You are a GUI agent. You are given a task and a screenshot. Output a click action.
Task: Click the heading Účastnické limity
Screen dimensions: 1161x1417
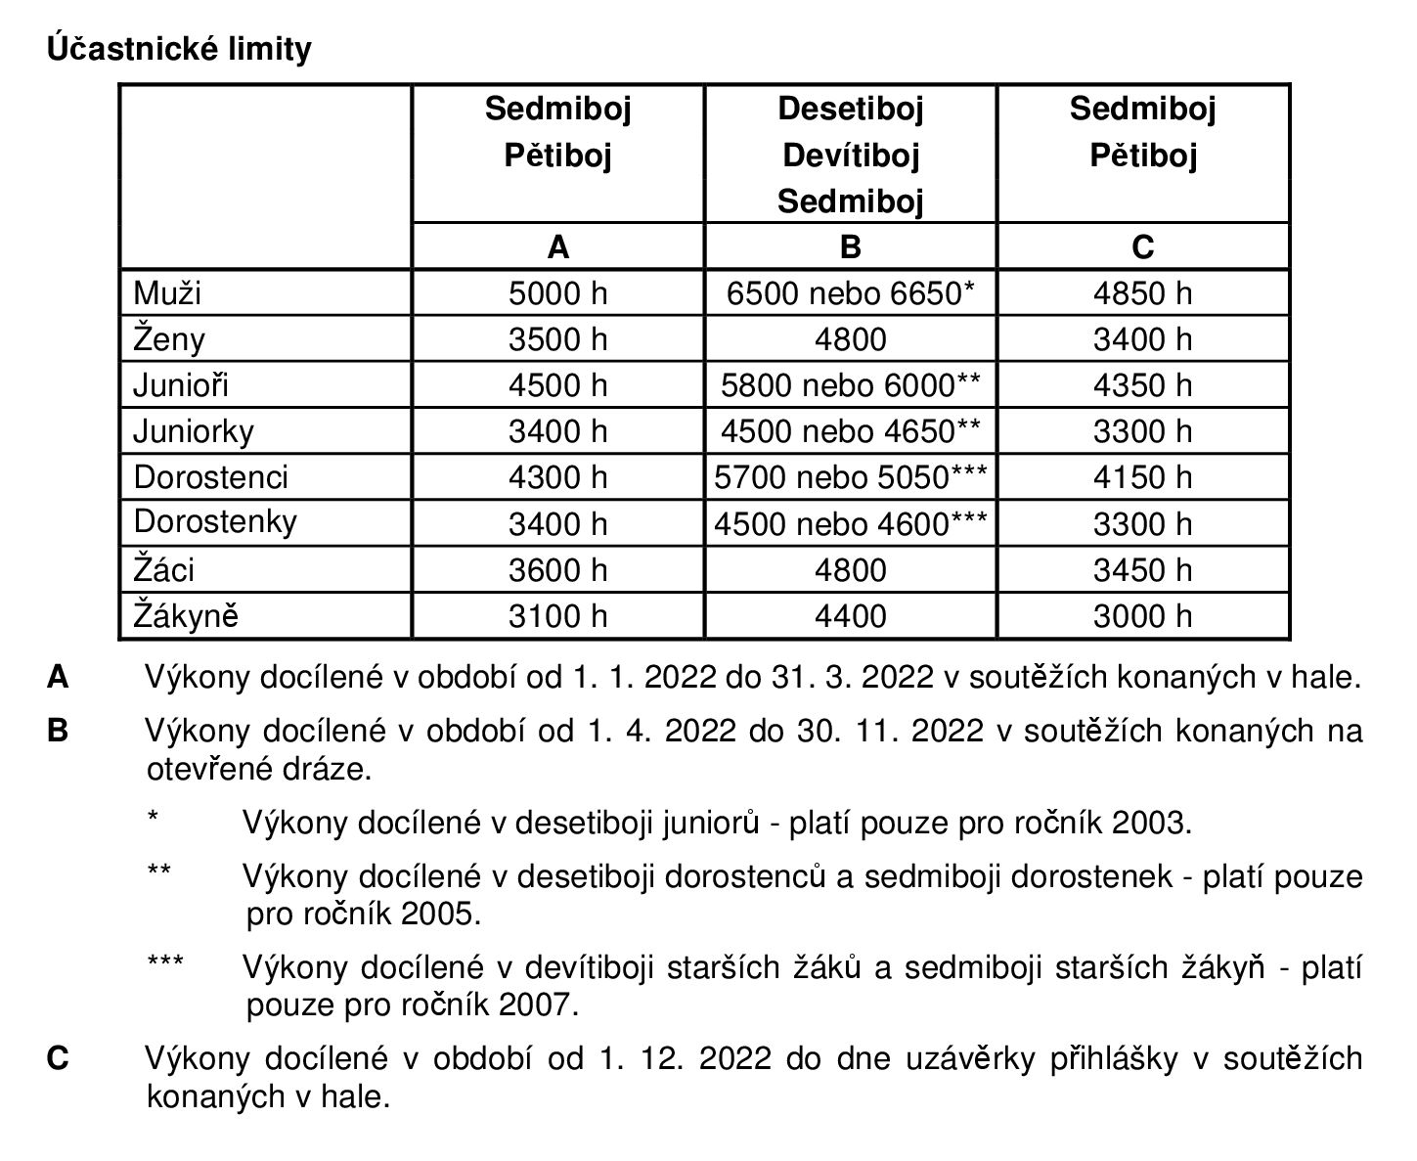click(179, 49)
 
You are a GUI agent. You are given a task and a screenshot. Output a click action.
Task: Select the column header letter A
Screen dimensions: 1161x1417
click(557, 247)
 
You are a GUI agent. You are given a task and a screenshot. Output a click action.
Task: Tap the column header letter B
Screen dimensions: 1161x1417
click(850, 247)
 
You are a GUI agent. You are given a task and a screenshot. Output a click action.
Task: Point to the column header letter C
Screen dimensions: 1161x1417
click(1142, 247)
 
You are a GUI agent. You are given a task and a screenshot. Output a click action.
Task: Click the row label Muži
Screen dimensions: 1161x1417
click(167, 293)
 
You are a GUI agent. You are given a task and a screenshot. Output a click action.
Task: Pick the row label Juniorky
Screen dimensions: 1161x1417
click(194, 431)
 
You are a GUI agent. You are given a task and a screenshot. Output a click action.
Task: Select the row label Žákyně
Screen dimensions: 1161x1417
click(186, 616)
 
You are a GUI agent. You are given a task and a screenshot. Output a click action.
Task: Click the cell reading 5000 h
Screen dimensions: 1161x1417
click(557, 293)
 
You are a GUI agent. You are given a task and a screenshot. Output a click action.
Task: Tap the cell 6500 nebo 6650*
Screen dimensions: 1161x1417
click(850, 293)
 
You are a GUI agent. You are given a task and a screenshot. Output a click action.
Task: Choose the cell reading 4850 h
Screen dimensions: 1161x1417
click(1142, 293)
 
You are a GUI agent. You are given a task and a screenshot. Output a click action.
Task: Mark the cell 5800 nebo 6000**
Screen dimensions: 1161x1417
click(850, 385)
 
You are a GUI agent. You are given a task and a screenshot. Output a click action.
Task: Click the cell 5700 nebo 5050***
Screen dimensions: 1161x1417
click(850, 477)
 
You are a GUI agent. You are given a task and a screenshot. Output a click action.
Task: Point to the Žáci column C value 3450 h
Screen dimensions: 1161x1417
click(1142, 570)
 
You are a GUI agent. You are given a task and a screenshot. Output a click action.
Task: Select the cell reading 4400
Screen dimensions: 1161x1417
click(850, 616)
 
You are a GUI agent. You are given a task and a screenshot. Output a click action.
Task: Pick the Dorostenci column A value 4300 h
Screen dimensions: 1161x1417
click(557, 477)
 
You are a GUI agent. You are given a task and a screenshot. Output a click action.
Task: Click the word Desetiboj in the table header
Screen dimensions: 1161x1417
click(850, 109)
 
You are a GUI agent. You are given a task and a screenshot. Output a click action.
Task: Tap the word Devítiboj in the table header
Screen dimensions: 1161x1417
click(850, 156)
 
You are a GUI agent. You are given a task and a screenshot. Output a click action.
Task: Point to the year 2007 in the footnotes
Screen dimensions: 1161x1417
click(536, 1005)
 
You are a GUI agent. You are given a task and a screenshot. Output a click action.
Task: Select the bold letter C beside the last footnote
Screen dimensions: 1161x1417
click(58, 1058)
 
